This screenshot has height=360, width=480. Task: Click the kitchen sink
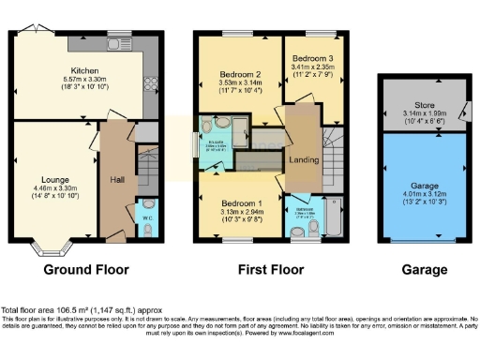point(117,44)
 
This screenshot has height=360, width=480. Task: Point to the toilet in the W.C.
point(146,206)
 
